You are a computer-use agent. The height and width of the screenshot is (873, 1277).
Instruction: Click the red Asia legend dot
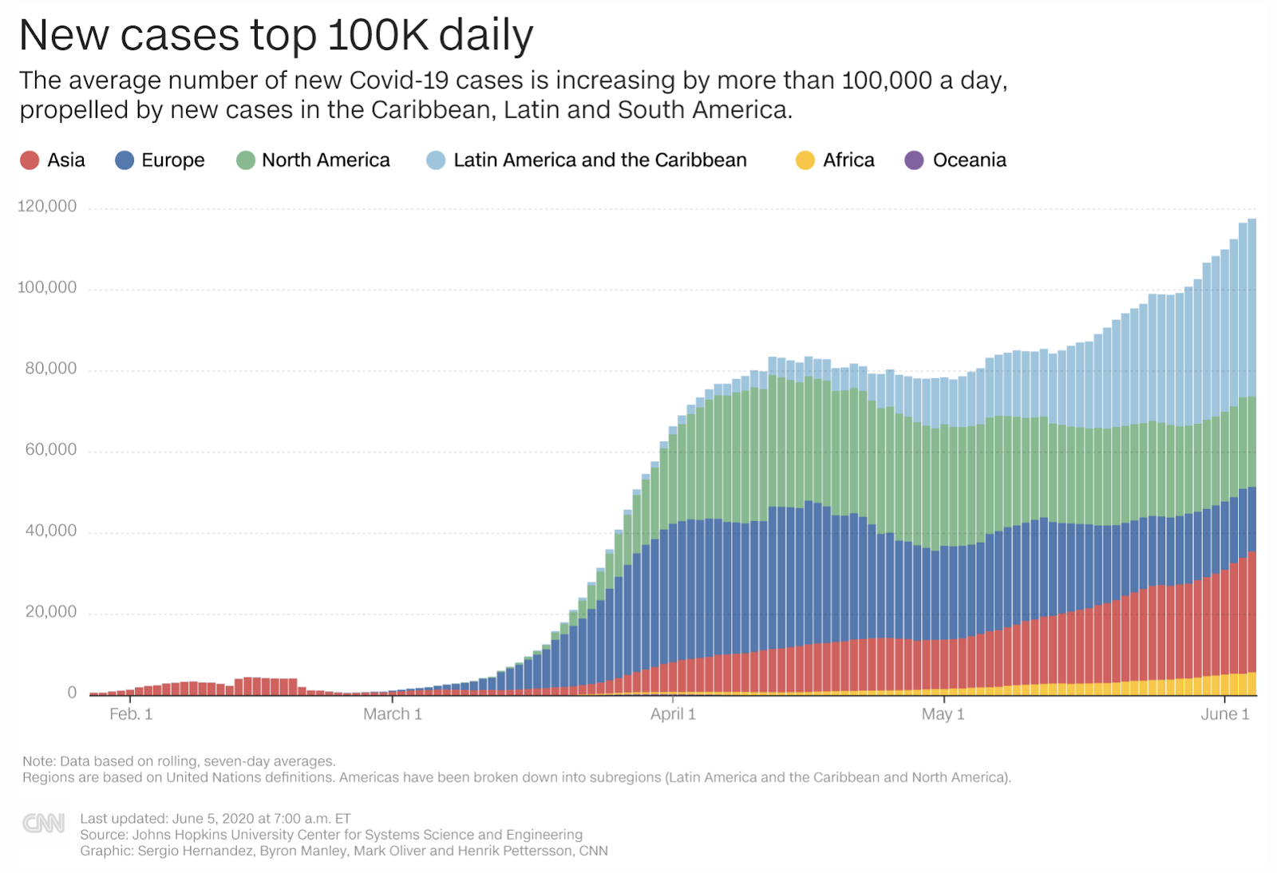(30, 160)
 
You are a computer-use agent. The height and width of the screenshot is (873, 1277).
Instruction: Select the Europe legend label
(172, 160)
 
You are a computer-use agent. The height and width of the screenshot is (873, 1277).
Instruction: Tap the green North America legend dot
(246, 160)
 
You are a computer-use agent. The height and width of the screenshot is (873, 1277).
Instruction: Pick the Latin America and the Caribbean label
(599, 160)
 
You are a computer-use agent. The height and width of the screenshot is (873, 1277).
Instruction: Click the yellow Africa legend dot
(805, 160)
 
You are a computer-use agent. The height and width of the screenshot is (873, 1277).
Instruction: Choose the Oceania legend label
(969, 160)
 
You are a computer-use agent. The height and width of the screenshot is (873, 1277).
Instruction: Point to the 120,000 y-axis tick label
(47, 207)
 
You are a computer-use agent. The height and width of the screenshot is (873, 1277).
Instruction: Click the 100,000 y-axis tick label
(47, 287)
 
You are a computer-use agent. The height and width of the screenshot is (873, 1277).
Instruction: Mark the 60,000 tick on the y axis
(51, 450)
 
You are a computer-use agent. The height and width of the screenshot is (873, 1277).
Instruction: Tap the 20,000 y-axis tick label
(51, 612)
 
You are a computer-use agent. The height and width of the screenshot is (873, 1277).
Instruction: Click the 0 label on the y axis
(72, 693)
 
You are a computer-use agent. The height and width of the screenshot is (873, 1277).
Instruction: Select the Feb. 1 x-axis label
(131, 714)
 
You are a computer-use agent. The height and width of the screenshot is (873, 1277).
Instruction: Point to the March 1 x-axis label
(392, 714)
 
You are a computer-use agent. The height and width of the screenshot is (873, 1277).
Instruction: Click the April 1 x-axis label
(673, 714)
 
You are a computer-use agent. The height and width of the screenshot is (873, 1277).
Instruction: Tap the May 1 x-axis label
(943, 714)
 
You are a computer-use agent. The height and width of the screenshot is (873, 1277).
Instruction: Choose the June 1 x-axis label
(1224, 714)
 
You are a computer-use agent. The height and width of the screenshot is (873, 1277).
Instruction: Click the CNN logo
(44, 823)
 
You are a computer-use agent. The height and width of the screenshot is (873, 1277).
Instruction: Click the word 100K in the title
(379, 36)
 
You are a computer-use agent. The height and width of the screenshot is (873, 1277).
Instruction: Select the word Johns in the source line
(151, 835)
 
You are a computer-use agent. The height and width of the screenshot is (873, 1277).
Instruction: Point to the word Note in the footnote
(38, 761)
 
